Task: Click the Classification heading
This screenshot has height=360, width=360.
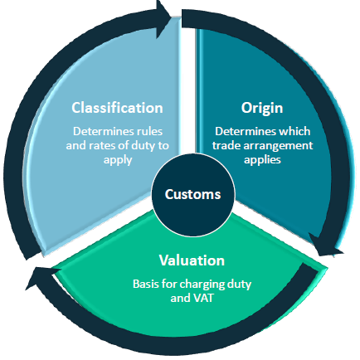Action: click(x=117, y=108)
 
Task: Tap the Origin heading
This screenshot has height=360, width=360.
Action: click(x=262, y=108)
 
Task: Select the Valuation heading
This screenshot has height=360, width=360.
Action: click(x=192, y=260)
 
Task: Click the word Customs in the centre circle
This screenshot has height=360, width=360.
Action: click(x=192, y=194)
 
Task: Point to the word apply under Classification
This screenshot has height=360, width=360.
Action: click(x=118, y=160)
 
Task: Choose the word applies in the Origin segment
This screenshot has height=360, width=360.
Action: click(x=262, y=160)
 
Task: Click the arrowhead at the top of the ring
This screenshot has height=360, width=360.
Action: click(x=163, y=19)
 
